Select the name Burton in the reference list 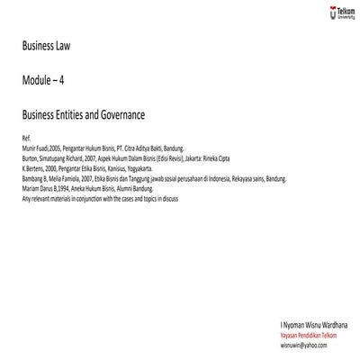pyautogui.click(x=27, y=157)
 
